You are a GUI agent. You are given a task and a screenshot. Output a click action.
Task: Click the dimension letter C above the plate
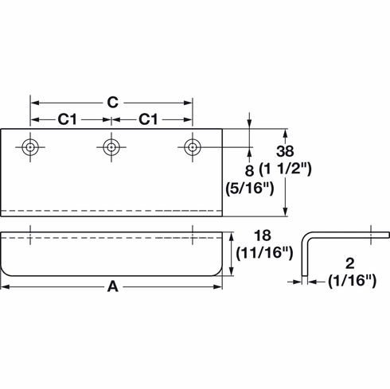(112, 101)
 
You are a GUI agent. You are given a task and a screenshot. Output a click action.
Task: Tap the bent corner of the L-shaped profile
(307, 236)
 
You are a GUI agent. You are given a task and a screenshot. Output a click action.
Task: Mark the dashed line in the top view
(112, 210)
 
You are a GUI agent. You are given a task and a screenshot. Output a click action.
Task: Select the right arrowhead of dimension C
(189, 102)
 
